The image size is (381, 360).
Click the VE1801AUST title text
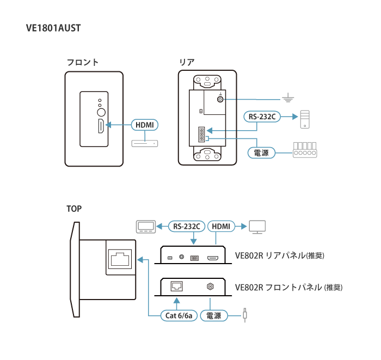pyautogui.click(x=53, y=28)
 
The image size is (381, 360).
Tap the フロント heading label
pyautogui.click(x=82, y=62)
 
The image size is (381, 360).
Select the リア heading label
pyautogui.click(x=187, y=62)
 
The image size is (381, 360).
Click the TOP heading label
pyautogui.click(x=74, y=209)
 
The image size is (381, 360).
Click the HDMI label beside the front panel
pyautogui.click(x=144, y=125)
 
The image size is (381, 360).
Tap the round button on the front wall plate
pyautogui.click(x=101, y=112)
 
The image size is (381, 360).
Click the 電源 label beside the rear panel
pyautogui.click(x=261, y=153)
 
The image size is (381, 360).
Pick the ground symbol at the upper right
pyautogui.click(x=288, y=99)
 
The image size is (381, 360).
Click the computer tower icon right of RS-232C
pyautogui.click(x=305, y=118)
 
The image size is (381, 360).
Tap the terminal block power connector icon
pyautogui.click(x=305, y=150)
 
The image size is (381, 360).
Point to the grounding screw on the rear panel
pyautogui.click(x=220, y=100)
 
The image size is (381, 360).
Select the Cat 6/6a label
pyautogui.click(x=179, y=315)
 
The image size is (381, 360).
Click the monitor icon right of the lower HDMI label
pyautogui.click(x=256, y=227)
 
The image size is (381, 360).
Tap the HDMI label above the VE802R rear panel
pyautogui.click(x=221, y=226)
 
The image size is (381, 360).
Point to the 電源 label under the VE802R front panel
pyautogui.click(x=214, y=315)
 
